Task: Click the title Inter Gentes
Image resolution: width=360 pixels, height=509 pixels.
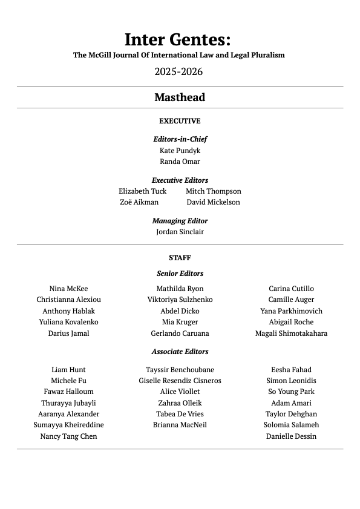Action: (x=178, y=39)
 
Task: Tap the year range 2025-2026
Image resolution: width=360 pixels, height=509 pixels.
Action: (x=178, y=71)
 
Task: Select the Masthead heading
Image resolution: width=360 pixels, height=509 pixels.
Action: (x=180, y=97)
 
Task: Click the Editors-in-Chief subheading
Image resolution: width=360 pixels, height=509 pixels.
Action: (x=180, y=139)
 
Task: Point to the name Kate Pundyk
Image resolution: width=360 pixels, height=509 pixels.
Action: (x=180, y=151)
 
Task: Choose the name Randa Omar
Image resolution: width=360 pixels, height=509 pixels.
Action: (x=180, y=162)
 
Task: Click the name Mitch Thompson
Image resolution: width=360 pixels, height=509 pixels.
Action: (x=213, y=191)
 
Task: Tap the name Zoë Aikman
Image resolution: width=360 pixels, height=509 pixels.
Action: (x=139, y=202)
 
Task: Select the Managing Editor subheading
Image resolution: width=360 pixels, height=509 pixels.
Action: (x=180, y=221)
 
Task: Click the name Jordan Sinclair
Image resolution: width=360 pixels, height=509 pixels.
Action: (x=180, y=232)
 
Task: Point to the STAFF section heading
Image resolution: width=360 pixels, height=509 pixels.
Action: (x=180, y=258)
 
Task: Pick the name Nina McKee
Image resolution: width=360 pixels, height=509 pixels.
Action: (x=68, y=289)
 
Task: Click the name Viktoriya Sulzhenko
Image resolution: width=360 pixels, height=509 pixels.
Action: (x=180, y=300)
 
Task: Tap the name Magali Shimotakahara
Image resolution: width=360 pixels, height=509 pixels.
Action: (x=291, y=333)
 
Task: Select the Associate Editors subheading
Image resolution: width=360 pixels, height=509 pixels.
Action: (x=180, y=352)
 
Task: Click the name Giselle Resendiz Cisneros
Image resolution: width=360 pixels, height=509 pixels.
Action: (x=180, y=381)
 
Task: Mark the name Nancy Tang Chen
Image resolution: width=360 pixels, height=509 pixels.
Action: (x=68, y=436)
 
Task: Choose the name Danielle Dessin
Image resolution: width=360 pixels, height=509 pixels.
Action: (x=291, y=436)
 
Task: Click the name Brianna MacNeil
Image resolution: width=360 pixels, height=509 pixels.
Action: (x=180, y=425)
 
